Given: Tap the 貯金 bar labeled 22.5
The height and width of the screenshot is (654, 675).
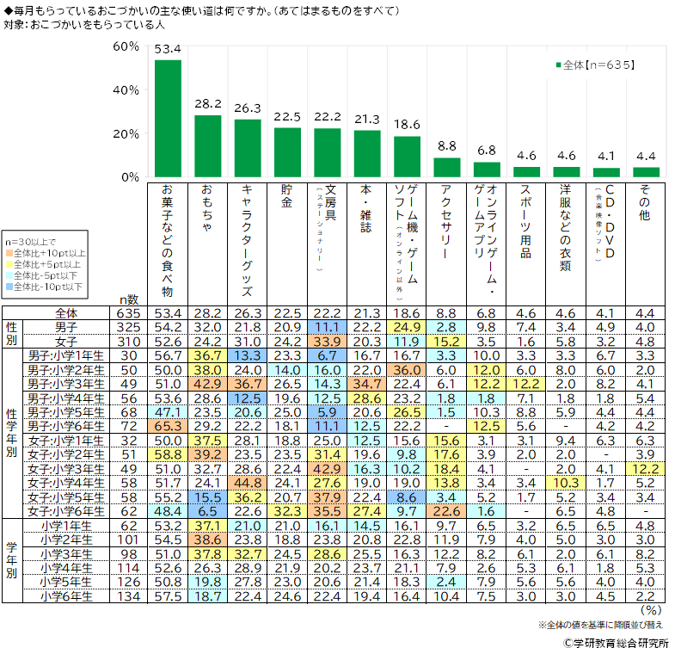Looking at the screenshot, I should tap(287, 152).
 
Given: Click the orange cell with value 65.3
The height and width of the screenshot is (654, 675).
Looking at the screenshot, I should tap(169, 426).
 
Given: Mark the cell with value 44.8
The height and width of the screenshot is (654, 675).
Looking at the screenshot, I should tap(247, 482).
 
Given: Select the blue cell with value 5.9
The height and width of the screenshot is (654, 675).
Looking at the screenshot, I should tap(328, 412).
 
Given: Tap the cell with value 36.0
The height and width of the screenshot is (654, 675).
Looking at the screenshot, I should tap(408, 368).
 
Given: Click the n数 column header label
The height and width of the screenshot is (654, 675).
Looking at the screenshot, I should tap(129, 298).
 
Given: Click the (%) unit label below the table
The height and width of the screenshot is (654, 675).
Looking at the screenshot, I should tap(652, 609).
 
